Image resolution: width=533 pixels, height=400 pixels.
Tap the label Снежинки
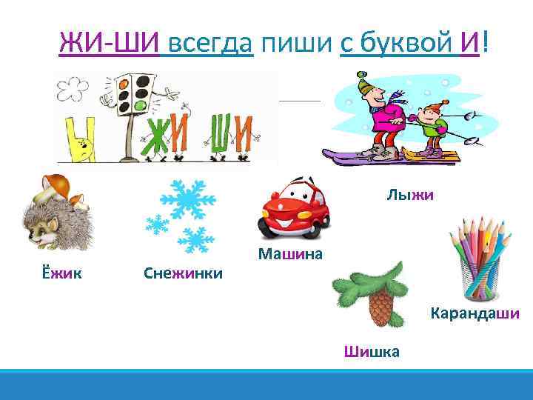[x=183, y=274]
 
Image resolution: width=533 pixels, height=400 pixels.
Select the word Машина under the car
[x=291, y=255]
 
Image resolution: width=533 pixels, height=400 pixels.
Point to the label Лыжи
[x=409, y=196]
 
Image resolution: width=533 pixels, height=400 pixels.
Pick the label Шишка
[x=372, y=351]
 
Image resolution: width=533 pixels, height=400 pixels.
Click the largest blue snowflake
[x=188, y=198]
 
